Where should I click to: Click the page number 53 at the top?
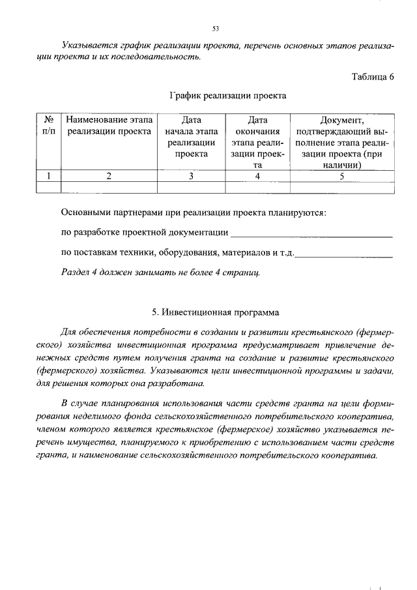pos(215,29)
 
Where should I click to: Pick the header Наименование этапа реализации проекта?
pos(109,125)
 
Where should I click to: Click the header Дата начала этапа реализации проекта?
pos(191,137)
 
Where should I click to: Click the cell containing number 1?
pos(48,175)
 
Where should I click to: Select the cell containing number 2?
pos(109,175)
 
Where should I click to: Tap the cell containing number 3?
pos(191,175)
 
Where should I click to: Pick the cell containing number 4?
pos(257,175)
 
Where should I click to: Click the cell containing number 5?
pos(341,175)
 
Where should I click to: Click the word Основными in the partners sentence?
pos(85,213)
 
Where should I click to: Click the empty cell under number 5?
pos(341,187)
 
